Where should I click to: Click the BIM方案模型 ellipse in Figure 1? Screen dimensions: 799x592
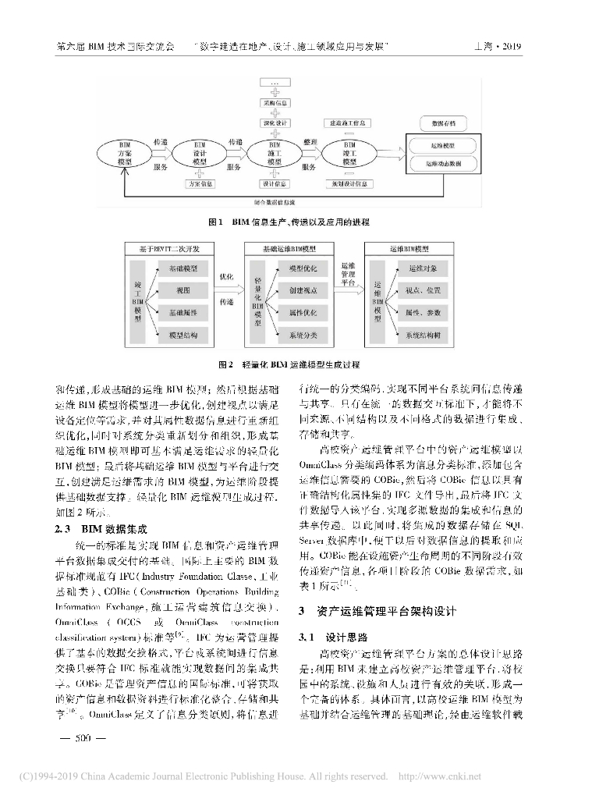click(x=125, y=154)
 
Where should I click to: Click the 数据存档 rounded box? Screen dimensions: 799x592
click(x=443, y=123)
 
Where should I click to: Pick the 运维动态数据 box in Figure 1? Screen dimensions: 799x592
click(x=443, y=165)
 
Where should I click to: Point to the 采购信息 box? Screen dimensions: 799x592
click(x=275, y=102)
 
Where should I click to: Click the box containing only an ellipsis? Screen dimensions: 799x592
click(x=275, y=82)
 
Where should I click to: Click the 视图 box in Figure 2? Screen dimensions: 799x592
click(x=183, y=290)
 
